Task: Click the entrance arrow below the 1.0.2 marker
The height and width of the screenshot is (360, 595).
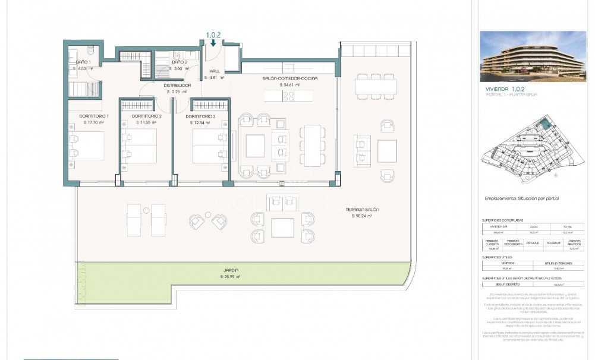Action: pyautogui.click(x=213, y=43)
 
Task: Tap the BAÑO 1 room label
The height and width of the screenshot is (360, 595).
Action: pyautogui.click(x=83, y=62)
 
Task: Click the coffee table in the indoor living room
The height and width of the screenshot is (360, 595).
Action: pyautogui.click(x=255, y=145)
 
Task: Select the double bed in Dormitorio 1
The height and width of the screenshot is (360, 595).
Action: pyautogui.click(x=87, y=146)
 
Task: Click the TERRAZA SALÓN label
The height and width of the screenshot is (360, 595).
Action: pyautogui.click(x=362, y=210)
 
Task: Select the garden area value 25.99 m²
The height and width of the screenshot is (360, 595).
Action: pyautogui.click(x=230, y=277)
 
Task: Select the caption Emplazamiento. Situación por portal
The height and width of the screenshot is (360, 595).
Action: pyautogui.click(x=522, y=198)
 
